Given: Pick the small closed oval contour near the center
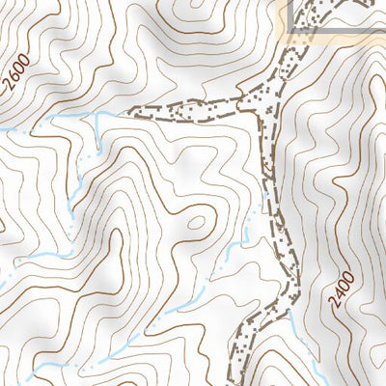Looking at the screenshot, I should pos(195,222).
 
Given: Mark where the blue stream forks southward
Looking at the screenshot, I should pos(96,115).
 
